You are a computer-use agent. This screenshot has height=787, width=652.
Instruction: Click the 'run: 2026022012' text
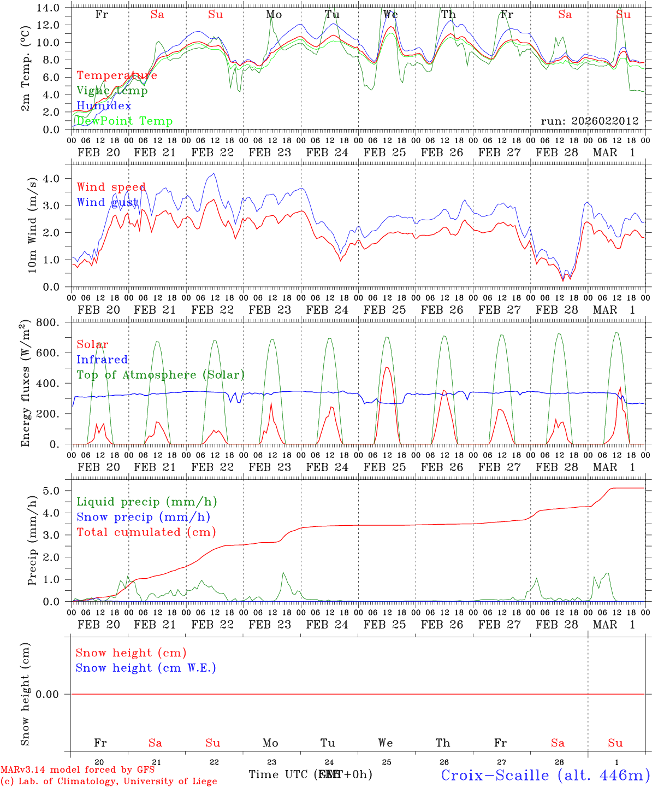pyautogui.click(x=589, y=121)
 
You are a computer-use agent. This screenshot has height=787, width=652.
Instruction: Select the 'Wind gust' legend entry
pyautogui.click(x=107, y=202)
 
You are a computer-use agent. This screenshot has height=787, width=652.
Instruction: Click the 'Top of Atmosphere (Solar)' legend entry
pyautogui.click(x=160, y=375)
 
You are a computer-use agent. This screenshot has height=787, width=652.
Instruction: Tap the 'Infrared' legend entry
pyautogui.click(x=102, y=360)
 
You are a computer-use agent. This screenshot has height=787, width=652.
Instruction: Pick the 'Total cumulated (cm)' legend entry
pyautogui.click(x=146, y=532)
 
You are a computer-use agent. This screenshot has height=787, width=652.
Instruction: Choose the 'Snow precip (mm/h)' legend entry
pyautogui.click(x=143, y=517)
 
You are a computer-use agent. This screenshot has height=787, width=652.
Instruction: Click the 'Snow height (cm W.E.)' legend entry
pyautogui.click(x=145, y=668)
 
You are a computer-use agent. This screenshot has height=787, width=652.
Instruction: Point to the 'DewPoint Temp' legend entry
pyautogui.click(x=125, y=121)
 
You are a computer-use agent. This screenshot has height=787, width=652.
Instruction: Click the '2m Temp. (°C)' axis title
pyautogui.click(x=26, y=77)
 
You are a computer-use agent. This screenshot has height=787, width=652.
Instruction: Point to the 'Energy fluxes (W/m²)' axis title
pyautogui.click(x=26, y=384)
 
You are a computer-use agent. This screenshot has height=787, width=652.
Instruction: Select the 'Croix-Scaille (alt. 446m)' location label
pyautogui.click(x=545, y=775)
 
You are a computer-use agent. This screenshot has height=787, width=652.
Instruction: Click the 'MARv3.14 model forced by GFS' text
pyautogui.click(x=78, y=770)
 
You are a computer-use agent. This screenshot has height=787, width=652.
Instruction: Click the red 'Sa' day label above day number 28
pyautogui.click(x=558, y=743)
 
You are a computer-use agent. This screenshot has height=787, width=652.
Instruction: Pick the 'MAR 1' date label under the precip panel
pyautogui.click(x=614, y=625)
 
